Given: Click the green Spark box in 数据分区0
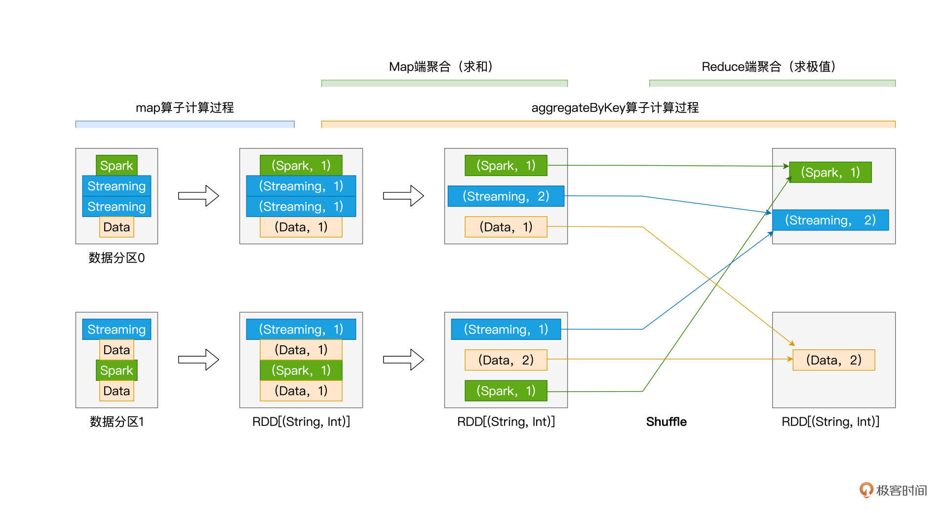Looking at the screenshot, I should pos(117,165).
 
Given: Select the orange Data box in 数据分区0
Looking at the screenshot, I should pos(117,227).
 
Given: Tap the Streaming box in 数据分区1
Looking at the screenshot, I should pos(117,329).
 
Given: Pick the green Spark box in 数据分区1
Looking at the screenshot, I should pos(117,370).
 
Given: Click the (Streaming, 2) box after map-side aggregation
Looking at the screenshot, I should pos(506,196).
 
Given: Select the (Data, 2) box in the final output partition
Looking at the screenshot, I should pos(833,360).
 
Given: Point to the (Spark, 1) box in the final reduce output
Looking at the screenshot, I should pos(830,172).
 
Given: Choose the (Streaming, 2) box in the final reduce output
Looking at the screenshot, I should pos(830,220).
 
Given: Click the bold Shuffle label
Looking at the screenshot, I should pos(666,422).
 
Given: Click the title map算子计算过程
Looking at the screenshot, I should pos(185,108).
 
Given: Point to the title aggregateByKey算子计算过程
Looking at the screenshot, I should pos(615,108).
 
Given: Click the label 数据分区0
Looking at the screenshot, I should pos(117,257).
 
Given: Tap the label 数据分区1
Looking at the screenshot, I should pos(117,422).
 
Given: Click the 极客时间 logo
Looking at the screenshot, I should pos(893,490).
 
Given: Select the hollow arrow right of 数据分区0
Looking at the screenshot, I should pos(198,196).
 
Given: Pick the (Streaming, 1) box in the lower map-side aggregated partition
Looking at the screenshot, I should pos(506,329).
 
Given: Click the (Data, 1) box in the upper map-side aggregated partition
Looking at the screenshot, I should pos(506,227).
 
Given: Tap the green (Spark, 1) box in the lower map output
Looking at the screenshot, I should pos(301,370).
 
